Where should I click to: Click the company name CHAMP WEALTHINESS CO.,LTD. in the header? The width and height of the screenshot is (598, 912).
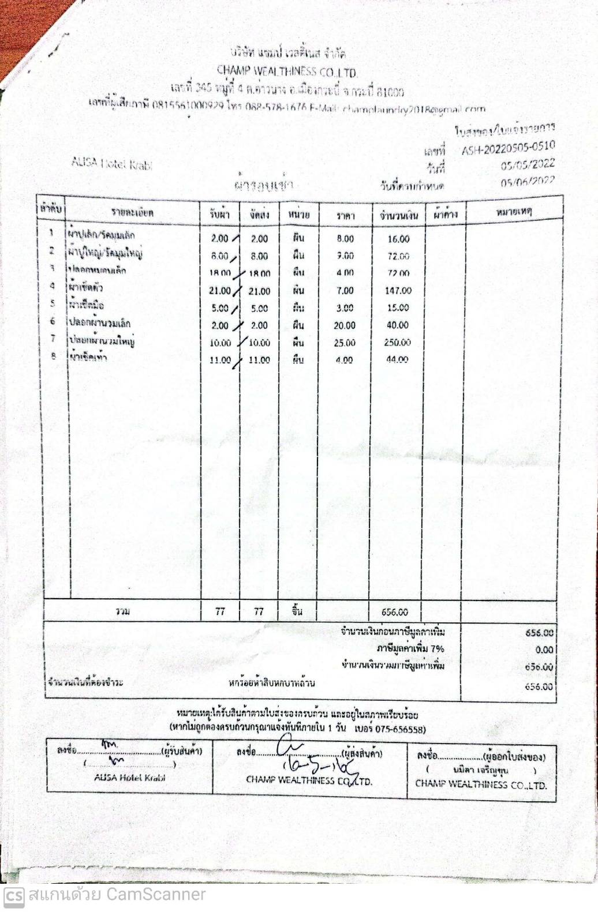[287, 72]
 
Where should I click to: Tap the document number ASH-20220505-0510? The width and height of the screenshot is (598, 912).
[508, 149]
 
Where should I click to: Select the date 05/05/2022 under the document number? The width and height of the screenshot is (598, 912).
[528, 165]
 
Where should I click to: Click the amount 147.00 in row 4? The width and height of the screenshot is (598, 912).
[398, 291]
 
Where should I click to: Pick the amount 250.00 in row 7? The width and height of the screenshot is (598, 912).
[397, 343]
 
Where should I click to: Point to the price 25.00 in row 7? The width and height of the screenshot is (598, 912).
[345, 343]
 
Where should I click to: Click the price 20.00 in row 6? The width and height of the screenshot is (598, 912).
[345, 325]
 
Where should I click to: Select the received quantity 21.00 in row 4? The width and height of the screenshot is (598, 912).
[219, 291]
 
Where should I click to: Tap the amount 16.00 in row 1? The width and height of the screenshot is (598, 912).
[398, 239]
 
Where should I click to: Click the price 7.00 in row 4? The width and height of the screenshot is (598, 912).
[345, 291]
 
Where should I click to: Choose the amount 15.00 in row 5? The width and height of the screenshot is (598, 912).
[398, 308]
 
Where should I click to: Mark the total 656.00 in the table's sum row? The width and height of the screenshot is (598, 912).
[394, 612]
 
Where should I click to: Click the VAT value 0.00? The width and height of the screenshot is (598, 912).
[544, 650]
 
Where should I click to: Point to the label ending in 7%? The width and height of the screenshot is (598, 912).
[410, 648]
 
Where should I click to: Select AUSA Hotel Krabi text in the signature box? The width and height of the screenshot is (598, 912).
[130, 777]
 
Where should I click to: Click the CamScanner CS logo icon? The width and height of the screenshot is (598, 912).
[14, 895]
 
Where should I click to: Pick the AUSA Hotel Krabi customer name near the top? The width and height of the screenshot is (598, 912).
[112, 163]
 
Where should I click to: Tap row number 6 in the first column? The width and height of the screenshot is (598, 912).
[53, 321]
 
